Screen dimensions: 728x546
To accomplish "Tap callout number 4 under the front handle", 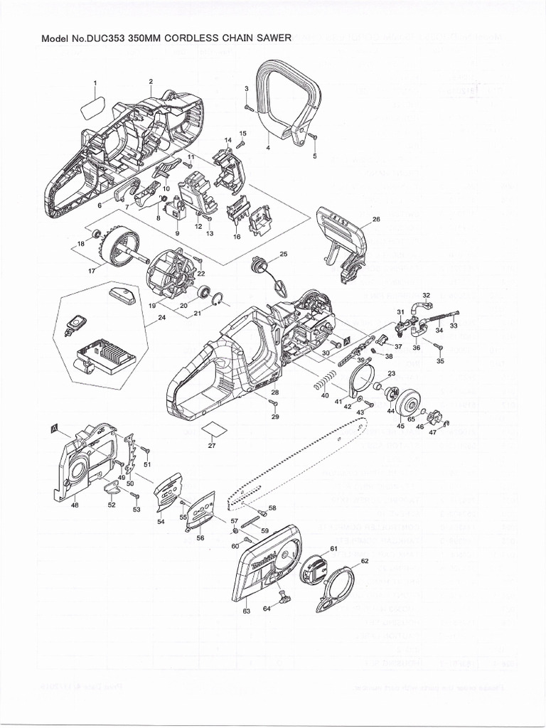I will pyautogui.click(x=267, y=148).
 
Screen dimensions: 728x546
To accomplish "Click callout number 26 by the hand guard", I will pyautogui.click(x=376, y=220).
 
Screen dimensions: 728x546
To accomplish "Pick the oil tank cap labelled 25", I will pyautogui.click(x=258, y=267).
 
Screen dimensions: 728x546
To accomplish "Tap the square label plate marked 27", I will pyautogui.click(x=213, y=429).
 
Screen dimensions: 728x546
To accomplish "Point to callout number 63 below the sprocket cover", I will pyautogui.click(x=247, y=611).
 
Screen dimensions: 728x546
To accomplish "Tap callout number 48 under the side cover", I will pyautogui.click(x=75, y=505).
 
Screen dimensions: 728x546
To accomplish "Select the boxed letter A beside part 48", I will pyautogui.click(x=54, y=428).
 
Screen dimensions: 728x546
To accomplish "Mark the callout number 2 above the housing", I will pyautogui.click(x=151, y=81).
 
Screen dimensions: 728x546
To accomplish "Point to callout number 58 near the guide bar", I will pyautogui.click(x=272, y=508).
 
